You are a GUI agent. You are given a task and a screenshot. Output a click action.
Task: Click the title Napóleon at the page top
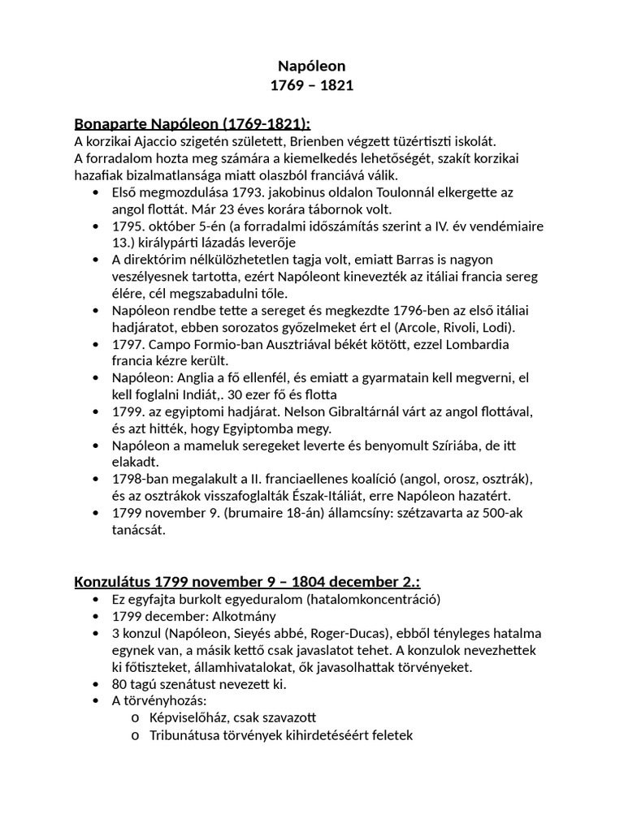[312, 66]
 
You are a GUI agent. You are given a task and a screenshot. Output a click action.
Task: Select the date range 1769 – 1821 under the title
[312, 85]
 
